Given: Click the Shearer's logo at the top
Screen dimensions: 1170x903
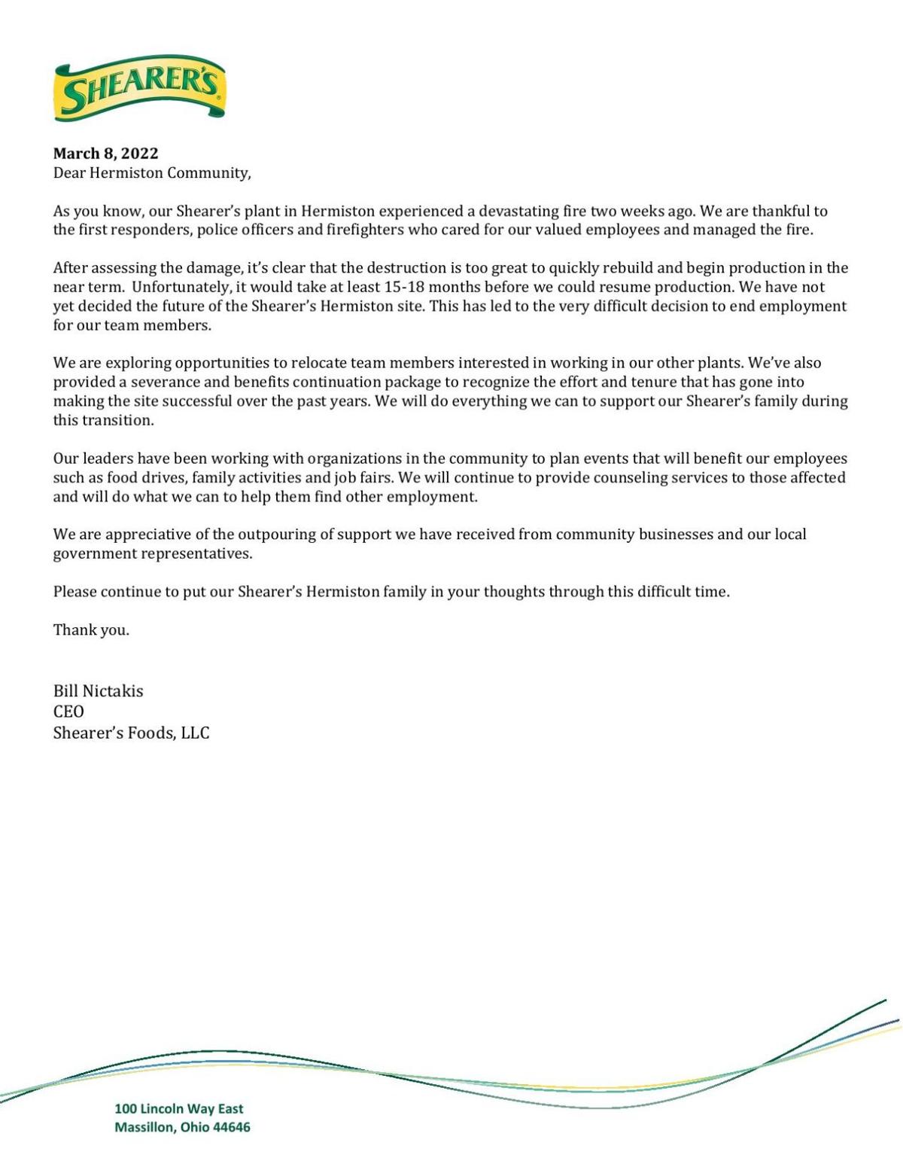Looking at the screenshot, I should [x=140, y=88].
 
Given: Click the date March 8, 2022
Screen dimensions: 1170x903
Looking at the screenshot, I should [x=105, y=154].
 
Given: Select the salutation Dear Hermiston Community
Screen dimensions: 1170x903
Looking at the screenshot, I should [x=151, y=173].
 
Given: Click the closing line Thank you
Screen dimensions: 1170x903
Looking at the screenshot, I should [x=91, y=630].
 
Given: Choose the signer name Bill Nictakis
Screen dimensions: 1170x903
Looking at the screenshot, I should [x=98, y=691].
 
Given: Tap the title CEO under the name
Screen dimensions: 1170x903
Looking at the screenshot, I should [x=68, y=711].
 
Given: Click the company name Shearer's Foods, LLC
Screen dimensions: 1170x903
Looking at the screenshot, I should [x=131, y=733].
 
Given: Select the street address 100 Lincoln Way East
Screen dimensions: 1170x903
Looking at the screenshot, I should [x=178, y=1108].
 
